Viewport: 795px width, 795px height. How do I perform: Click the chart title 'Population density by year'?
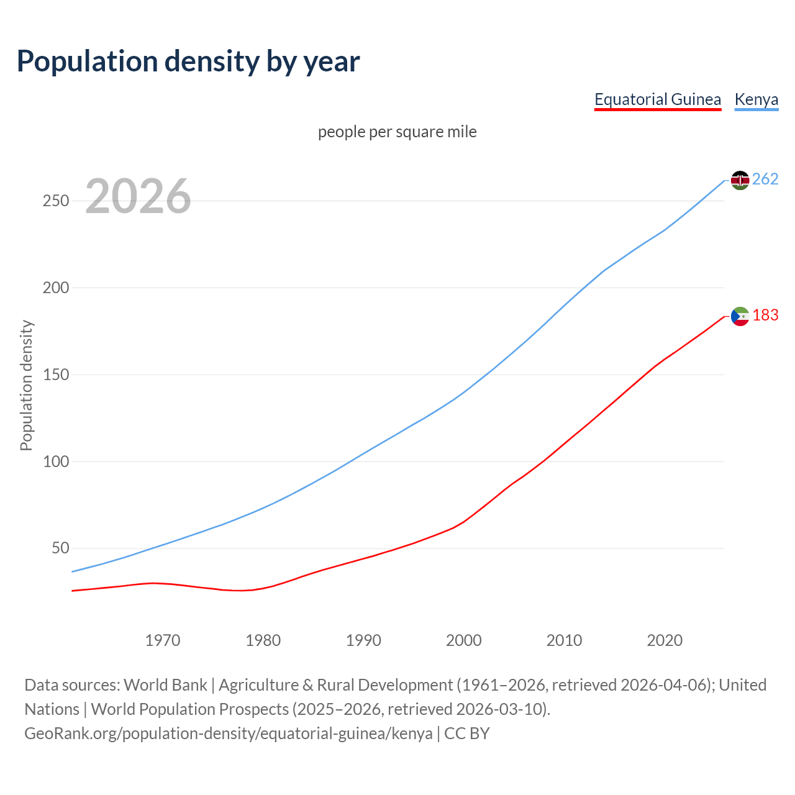[188, 61]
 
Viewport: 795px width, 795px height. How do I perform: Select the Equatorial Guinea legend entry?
[658, 99]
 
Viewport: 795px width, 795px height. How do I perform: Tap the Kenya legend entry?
[756, 99]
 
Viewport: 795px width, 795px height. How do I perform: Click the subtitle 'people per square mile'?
[397, 132]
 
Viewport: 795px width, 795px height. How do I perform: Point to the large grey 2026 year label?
[138, 196]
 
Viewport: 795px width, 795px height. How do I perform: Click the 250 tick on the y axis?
[55, 201]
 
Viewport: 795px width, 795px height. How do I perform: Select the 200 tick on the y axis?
[55, 288]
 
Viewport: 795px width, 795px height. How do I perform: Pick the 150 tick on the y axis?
[55, 375]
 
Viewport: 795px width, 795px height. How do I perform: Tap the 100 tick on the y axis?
[55, 461]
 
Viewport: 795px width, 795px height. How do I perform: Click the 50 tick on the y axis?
[60, 548]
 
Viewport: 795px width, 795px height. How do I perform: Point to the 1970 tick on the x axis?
[163, 640]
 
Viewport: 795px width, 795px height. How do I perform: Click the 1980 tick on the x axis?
[263, 640]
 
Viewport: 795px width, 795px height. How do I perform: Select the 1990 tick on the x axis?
[363, 640]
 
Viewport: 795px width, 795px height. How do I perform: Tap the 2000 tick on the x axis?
[464, 640]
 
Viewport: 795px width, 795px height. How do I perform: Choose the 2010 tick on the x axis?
[564, 640]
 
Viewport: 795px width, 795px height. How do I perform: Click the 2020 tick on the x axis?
[665, 640]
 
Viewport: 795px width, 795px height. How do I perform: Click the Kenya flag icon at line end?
[740, 180]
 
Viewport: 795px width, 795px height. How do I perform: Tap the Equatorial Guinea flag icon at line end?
[740, 316]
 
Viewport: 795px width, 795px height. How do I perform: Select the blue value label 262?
[765, 179]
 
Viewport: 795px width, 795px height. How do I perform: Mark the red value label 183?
[765, 316]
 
